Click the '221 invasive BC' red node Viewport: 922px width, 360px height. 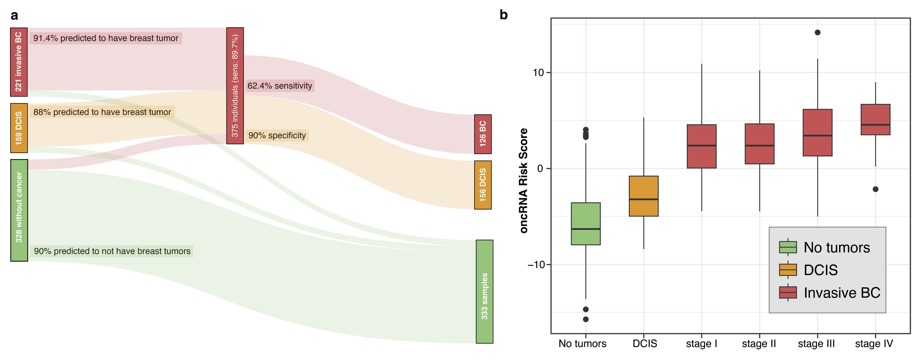pos(19,62)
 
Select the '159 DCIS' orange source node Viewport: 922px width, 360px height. pos(19,128)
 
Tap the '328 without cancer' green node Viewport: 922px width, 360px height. pos(19,210)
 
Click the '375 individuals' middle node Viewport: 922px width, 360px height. pos(235,86)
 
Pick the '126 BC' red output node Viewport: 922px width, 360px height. pos(483,134)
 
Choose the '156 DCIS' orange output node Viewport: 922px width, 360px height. pos(483,185)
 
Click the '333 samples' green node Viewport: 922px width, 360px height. pos(484,291)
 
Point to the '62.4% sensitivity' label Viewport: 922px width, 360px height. pos(279,86)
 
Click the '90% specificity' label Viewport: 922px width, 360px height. pos(277,136)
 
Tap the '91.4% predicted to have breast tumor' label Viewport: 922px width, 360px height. pos(105,38)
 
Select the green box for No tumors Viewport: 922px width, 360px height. pos(585,224)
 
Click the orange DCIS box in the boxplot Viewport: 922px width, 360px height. pos(644,196)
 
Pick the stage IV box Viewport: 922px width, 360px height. pos(875,120)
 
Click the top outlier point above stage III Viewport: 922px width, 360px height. pos(817,33)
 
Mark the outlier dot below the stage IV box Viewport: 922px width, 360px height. pos(875,189)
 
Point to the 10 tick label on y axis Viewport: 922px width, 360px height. pos(538,73)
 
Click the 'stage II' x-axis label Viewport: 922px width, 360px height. pos(759,344)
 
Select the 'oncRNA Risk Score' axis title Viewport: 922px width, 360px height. pos(524,181)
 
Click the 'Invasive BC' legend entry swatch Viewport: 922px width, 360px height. pos(788,292)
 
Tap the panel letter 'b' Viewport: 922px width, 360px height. pos(503,15)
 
